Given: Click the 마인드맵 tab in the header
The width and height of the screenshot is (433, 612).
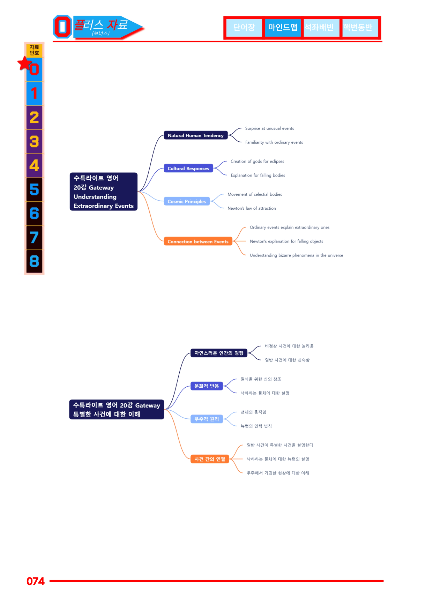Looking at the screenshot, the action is (x=283, y=28).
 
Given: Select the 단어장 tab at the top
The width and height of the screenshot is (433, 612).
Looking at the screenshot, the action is (x=244, y=28).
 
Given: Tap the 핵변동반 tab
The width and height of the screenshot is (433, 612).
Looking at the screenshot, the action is (x=358, y=28).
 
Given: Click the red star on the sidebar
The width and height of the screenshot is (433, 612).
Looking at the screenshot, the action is (x=25, y=63).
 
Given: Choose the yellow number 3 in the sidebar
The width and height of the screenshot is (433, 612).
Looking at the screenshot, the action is (x=34, y=142).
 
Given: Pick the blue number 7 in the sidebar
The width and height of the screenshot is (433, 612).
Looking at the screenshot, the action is (x=34, y=238).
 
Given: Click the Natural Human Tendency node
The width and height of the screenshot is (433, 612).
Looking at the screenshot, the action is (x=196, y=135).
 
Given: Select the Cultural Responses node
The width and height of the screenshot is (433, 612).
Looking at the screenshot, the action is (x=188, y=169).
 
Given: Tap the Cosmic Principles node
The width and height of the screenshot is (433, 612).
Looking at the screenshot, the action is (x=187, y=201).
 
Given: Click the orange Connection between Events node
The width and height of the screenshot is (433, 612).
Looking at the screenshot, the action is (x=198, y=241).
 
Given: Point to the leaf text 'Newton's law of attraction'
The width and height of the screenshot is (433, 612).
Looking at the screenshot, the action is (x=252, y=208).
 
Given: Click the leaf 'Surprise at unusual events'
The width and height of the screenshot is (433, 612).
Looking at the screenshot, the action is (x=269, y=128).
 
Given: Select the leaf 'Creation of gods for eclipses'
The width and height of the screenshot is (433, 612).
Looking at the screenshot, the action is (x=257, y=162).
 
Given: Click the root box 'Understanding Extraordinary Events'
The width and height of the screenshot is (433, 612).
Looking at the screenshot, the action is (x=104, y=192).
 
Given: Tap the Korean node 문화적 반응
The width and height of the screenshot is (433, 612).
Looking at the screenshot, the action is (x=207, y=386).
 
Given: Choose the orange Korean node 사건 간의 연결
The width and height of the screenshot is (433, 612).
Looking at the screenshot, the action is (x=210, y=459).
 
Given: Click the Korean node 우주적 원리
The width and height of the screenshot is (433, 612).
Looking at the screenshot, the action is (x=207, y=419).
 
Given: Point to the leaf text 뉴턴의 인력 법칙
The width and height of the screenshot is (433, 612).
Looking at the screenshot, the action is (x=256, y=426).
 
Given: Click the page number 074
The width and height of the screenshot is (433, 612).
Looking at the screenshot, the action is (x=36, y=581).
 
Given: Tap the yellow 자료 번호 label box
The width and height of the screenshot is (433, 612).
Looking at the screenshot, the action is (x=34, y=50).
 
